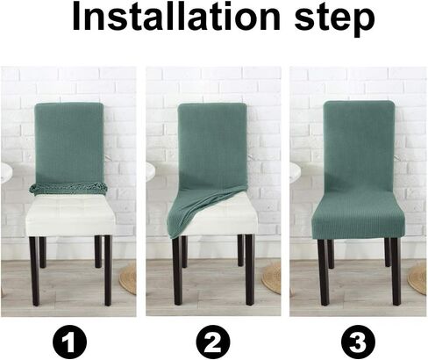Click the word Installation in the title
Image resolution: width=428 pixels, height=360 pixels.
[x=176, y=17]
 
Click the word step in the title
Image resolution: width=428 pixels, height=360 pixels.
[x=334, y=19]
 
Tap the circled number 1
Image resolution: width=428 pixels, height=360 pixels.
[x=69, y=342]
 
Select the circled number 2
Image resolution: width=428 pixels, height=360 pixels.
[x=213, y=342]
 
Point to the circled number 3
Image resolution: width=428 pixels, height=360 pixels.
[x=358, y=342]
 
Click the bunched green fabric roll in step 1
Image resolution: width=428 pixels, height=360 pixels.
[x=68, y=188]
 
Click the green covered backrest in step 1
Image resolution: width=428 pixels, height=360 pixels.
[x=69, y=143]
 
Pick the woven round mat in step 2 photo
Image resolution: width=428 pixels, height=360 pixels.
[x=272, y=278]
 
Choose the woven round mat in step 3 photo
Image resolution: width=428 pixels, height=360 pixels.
[x=417, y=278]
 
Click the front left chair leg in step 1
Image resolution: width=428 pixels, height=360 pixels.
[x=34, y=271]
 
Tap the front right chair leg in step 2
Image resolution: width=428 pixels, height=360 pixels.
[x=250, y=270]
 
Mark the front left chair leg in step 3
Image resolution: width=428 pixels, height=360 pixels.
[x=324, y=272]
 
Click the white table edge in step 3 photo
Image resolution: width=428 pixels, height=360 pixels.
[x=296, y=173]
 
